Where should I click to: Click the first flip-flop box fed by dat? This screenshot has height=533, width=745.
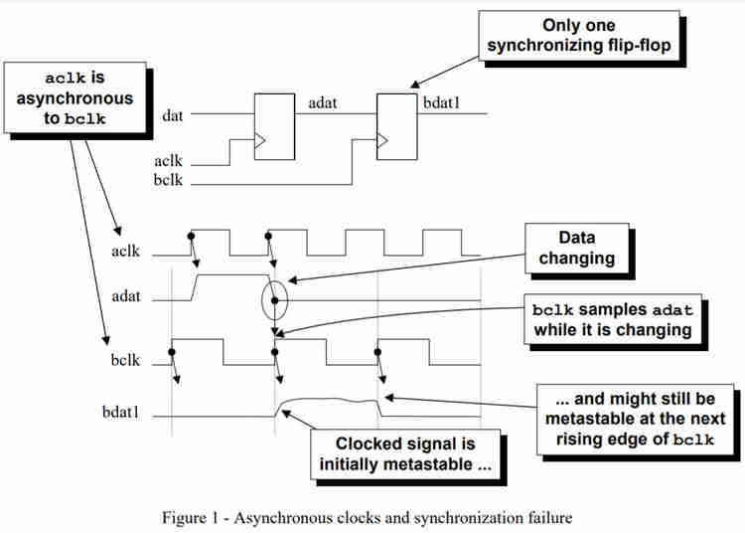[274, 127]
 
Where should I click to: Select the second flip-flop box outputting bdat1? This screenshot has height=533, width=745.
[394, 127]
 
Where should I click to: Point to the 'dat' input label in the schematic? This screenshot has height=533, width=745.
[172, 115]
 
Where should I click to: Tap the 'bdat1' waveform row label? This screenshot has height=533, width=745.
[121, 412]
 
